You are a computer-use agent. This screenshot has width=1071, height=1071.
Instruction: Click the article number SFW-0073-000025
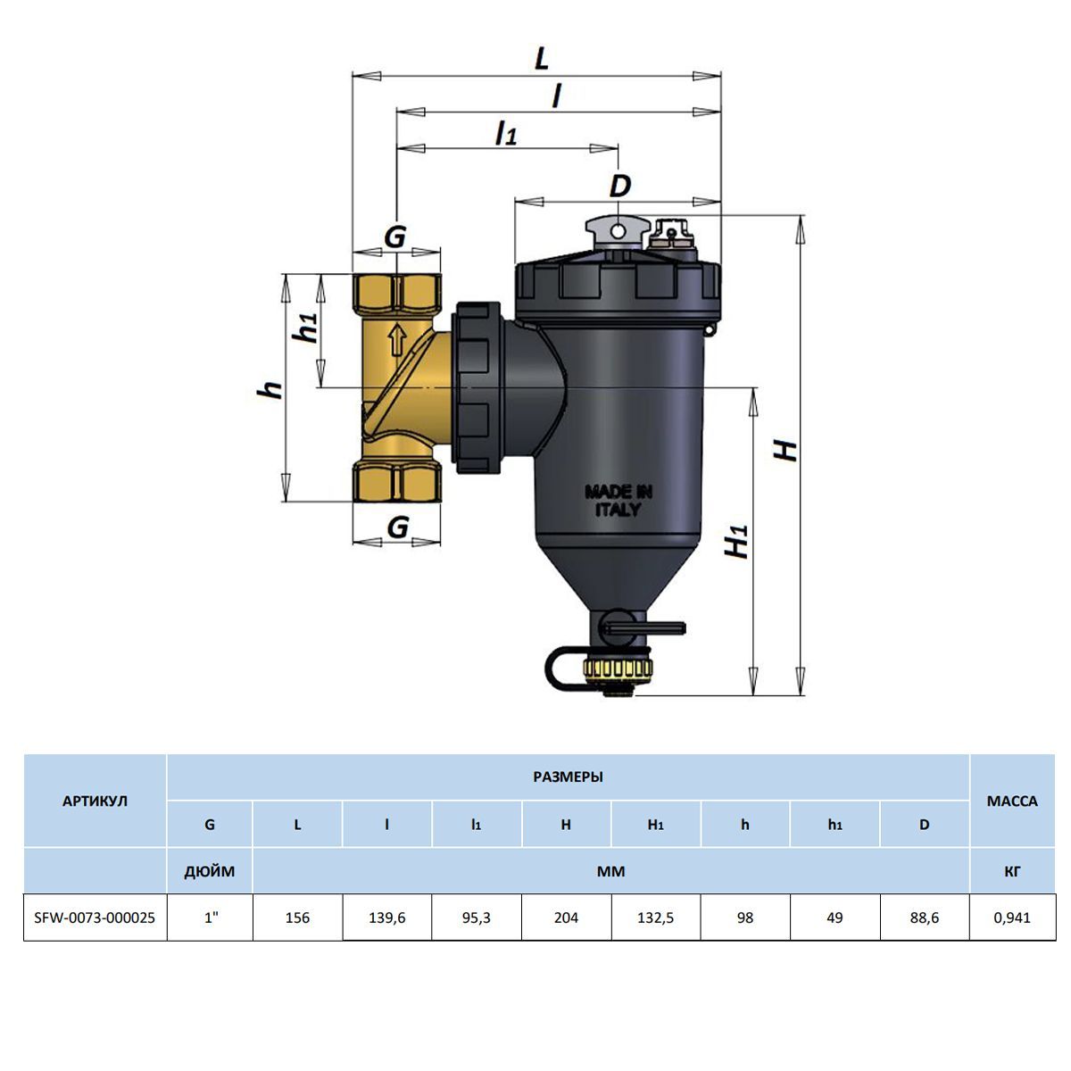(95, 917)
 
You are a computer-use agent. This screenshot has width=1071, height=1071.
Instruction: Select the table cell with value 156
(297, 917)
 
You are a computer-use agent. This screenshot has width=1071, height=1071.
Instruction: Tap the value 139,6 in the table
(386, 917)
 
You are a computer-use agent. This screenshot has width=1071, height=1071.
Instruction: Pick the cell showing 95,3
(477, 917)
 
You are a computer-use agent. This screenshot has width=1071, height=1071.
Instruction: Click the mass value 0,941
(1012, 917)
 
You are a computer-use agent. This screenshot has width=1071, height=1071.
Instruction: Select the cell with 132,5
(655, 917)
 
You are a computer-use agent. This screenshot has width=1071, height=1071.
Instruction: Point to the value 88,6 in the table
(925, 917)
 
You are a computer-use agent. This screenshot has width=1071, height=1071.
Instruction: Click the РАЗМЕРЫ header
(568, 777)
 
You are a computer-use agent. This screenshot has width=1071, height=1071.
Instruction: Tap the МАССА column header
(1012, 801)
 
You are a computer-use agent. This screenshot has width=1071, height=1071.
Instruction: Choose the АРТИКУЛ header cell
(95, 801)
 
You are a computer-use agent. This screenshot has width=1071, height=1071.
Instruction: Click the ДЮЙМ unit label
(210, 871)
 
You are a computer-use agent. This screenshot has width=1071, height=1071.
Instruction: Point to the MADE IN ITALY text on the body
(618, 501)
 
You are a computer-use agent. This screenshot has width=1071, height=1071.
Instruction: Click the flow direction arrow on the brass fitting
(397, 340)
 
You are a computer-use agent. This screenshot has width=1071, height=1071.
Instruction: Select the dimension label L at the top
(542, 58)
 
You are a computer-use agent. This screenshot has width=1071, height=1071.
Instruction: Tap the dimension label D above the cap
(619, 187)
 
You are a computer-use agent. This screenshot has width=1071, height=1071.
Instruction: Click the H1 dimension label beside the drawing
(737, 542)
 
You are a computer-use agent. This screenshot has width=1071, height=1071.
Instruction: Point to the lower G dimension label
(398, 527)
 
